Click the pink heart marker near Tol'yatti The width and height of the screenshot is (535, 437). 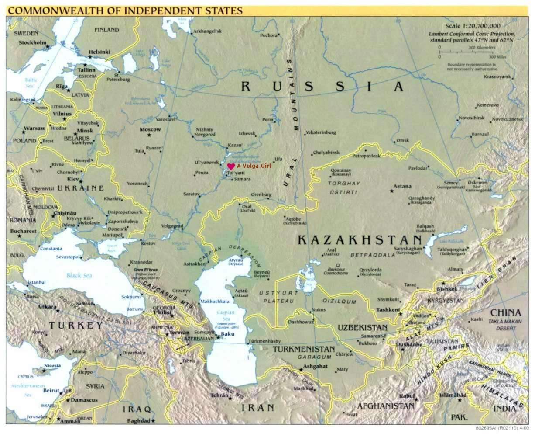231,166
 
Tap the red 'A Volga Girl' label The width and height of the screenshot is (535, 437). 251,166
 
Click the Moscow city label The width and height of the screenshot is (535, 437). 150,129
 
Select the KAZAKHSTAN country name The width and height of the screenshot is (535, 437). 360,240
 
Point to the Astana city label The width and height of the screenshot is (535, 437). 402,186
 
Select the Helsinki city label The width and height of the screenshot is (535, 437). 99,52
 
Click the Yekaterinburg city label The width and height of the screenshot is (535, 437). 321,132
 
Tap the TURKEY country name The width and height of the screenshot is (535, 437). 75,325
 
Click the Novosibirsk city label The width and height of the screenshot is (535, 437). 471,118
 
